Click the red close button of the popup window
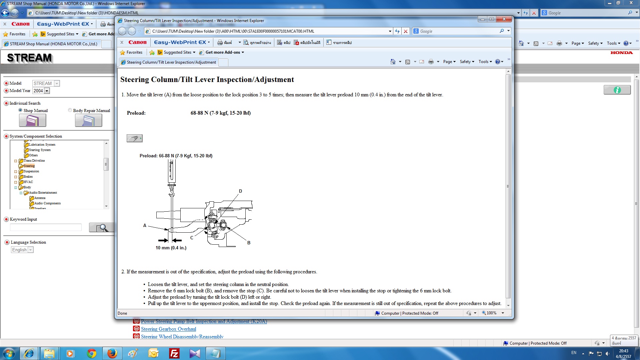(x=504, y=19)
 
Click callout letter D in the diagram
(x=240, y=191)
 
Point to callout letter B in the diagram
(x=249, y=243)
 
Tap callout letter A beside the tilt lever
(x=145, y=226)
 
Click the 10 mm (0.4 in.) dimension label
(x=171, y=248)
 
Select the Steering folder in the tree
(x=29, y=166)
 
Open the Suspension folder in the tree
(x=31, y=171)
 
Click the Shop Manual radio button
(x=20, y=110)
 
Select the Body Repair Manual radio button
(x=70, y=110)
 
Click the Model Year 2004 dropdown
(x=41, y=91)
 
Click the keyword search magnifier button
(x=102, y=228)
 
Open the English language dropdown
(x=22, y=250)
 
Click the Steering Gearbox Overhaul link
(x=168, y=329)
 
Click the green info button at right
(x=617, y=90)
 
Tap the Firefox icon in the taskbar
(x=112, y=353)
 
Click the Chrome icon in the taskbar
(x=91, y=353)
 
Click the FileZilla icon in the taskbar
(x=174, y=353)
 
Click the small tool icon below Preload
(x=134, y=138)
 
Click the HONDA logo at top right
(x=621, y=53)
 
